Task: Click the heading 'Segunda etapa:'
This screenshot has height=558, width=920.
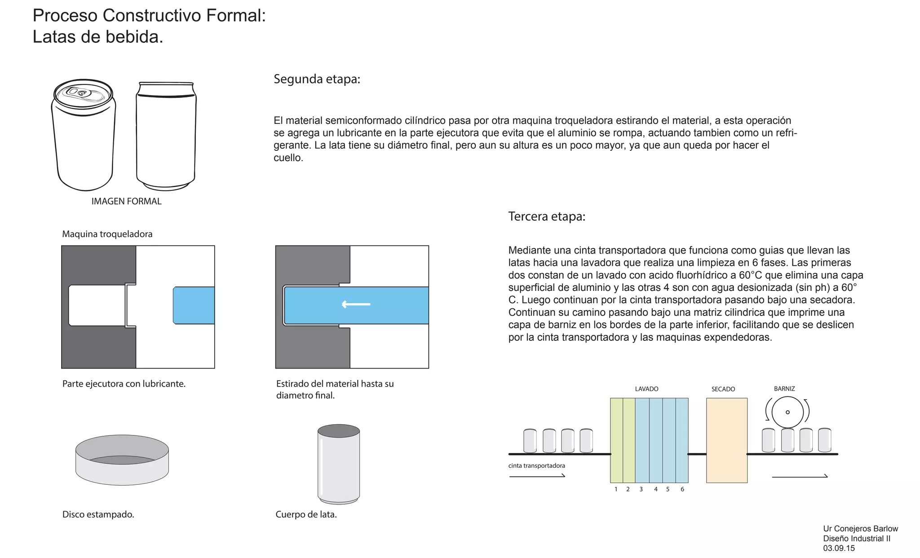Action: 317,79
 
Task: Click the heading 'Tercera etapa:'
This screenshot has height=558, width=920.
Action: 547,216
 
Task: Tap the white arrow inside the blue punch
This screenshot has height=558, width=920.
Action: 356,304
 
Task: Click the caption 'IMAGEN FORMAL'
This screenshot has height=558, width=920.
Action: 126,201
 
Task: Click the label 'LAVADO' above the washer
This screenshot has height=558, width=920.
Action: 646,389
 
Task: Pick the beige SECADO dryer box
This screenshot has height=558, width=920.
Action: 726,440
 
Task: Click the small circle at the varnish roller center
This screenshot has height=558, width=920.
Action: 787,412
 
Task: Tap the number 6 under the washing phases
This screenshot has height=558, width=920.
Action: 682,489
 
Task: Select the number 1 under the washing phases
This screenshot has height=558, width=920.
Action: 616,489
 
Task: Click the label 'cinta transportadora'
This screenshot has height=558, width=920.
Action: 536,466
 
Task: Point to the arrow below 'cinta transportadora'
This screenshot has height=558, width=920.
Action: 537,476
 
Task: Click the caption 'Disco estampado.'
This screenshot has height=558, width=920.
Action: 98,514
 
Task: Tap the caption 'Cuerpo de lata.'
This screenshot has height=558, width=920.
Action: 306,514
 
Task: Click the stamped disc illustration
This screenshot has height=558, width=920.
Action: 122,460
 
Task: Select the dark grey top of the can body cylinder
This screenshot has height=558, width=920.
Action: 338,431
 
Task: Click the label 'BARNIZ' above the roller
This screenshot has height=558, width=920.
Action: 784,389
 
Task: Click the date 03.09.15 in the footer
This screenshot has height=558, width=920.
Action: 839,548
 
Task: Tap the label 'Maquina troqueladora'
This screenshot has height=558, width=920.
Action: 107,234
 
